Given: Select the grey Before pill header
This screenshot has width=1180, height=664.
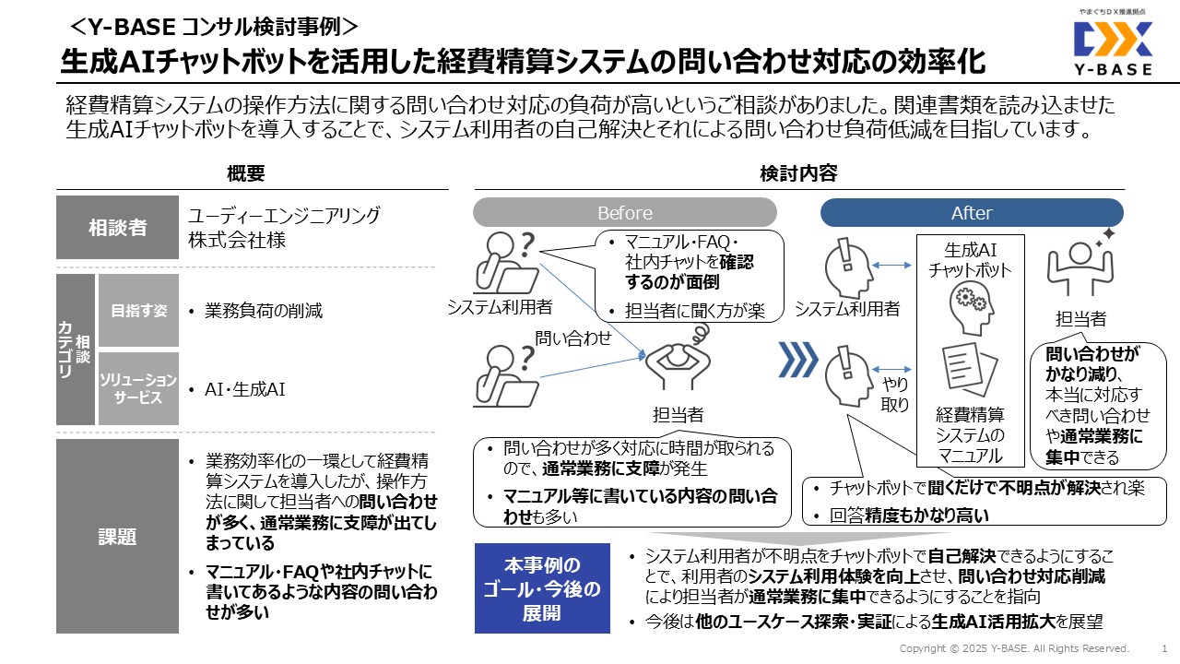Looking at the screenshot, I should (624, 213).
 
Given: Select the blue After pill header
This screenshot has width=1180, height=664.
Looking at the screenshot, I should (972, 213).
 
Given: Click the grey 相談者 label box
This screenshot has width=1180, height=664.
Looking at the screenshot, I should (117, 227).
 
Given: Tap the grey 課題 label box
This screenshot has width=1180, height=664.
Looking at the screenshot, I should (117, 536).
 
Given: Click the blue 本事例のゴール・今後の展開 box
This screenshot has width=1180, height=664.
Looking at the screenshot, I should (541, 588).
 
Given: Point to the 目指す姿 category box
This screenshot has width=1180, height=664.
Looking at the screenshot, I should (139, 311).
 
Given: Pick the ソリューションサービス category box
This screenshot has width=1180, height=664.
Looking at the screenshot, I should (139, 388).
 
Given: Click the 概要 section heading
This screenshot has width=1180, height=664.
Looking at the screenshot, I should (245, 172).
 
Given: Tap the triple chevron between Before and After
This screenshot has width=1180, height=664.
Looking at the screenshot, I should (798, 361).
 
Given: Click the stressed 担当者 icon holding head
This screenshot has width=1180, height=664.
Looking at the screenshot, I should (678, 363).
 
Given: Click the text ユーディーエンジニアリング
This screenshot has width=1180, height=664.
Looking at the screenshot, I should (284, 216).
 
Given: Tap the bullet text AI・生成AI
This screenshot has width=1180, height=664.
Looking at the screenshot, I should (245, 389).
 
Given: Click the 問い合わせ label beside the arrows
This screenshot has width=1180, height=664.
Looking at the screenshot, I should (573, 338).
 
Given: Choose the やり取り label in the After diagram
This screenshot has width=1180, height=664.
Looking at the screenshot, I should (895, 394).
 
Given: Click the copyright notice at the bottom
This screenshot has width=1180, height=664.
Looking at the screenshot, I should (1014, 648).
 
